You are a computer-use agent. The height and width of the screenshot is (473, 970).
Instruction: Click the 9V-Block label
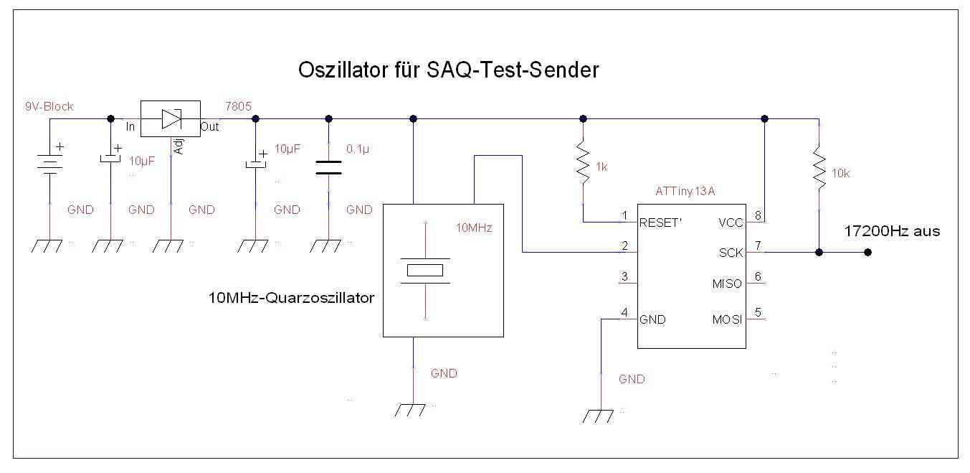(x=49, y=106)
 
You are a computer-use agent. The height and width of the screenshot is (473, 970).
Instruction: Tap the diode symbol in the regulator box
(x=170, y=118)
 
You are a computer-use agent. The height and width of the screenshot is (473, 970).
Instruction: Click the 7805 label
(x=238, y=106)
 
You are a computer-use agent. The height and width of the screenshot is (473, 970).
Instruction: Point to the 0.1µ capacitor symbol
(x=328, y=167)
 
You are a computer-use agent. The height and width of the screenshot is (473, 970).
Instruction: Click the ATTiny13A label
(x=685, y=192)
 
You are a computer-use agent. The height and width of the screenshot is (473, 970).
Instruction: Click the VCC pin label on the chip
(x=731, y=222)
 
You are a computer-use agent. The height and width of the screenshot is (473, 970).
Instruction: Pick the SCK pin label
(x=731, y=253)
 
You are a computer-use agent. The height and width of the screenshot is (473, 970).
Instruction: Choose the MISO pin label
(x=727, y=284)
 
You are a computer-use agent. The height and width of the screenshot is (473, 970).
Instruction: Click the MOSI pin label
(x=727, y=319)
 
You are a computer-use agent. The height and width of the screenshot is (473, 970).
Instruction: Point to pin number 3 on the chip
(x=625, y=277)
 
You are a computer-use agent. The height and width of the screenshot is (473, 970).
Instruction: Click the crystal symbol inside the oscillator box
(x=426, y=271)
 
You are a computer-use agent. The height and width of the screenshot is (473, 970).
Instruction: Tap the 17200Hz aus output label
(x=892, y=231)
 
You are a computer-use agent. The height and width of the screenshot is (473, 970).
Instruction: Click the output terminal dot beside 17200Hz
(x=867, y=252)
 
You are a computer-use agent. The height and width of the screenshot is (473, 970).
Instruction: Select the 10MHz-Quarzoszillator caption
(x=290, y=297)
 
